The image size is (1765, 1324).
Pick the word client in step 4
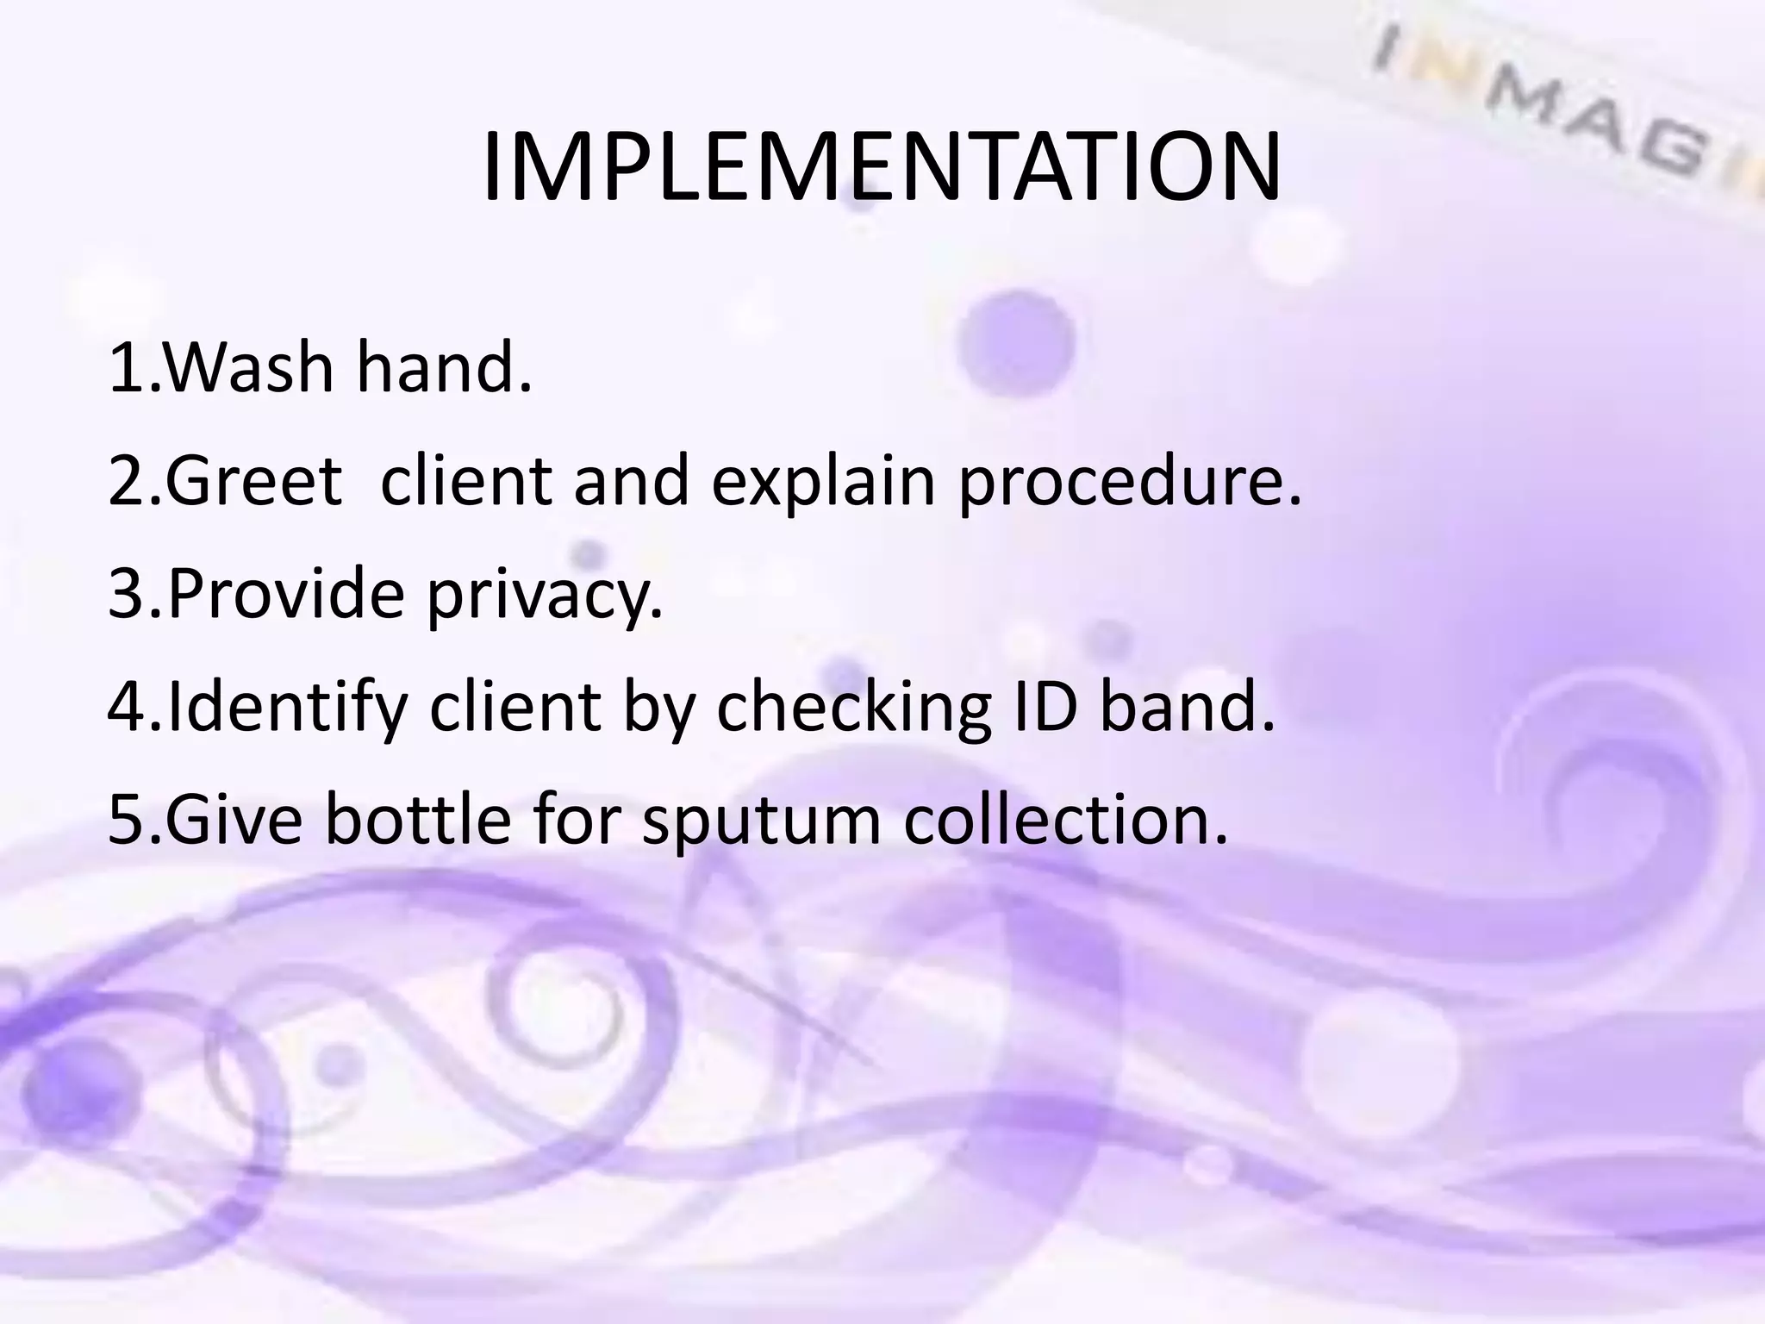[514, 707]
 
